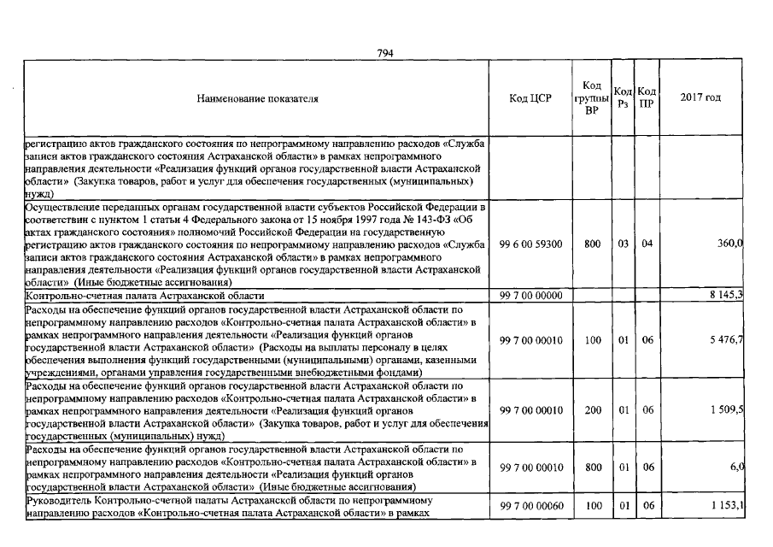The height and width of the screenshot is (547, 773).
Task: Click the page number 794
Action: (384, 53)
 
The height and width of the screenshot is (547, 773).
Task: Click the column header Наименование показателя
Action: (257, 98)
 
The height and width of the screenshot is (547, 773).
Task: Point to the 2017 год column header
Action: (700, 97)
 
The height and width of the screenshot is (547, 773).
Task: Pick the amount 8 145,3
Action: (726, 295)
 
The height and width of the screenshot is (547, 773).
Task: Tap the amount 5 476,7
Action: (726, 340)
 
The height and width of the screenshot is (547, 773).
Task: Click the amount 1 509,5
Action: (726, 410)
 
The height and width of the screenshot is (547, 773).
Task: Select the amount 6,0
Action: (735, 467)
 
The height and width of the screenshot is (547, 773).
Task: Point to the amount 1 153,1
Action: (726, 507)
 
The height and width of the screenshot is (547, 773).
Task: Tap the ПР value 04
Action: (647, 244)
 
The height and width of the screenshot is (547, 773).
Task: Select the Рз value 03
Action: (624, 244)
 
